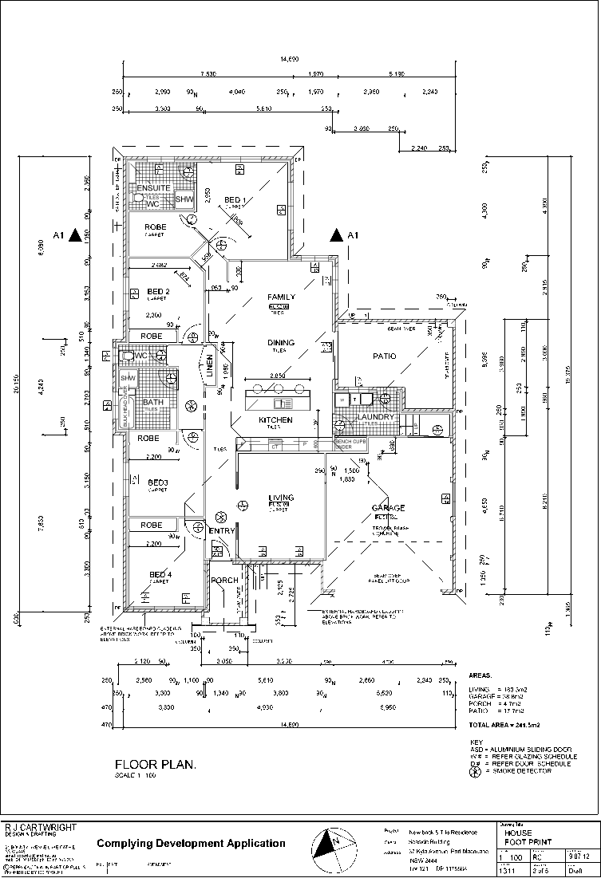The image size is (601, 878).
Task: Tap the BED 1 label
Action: (235, 199)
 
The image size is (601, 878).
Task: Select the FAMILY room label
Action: (281, 297)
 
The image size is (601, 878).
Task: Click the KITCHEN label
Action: (275, 419)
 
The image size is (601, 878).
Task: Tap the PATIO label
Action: (385, 356)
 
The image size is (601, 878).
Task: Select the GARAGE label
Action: (388, 508)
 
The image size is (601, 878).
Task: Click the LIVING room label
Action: (281, 498)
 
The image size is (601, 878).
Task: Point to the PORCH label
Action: (224, 580)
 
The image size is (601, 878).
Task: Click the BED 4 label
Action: (160, 574)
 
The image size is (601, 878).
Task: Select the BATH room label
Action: (152, 402)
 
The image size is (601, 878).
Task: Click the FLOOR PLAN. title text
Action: (156, 763)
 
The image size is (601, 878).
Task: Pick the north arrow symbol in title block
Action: (334, 848)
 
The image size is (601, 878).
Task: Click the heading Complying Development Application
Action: (191, 843)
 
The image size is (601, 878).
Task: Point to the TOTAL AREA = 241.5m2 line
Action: (504, 726)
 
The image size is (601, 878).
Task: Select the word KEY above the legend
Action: (476, 741)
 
